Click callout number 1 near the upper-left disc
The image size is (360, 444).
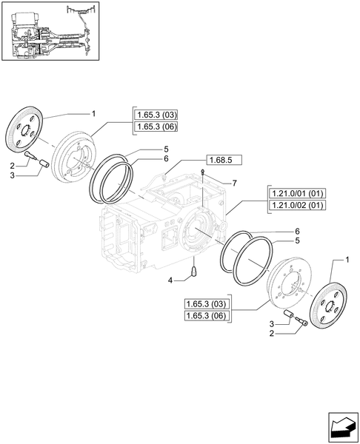point(93,113)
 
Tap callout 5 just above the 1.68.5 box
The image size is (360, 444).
point(166,149)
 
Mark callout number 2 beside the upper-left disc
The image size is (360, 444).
point(13,166)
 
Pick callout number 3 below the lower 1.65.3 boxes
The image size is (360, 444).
point(272,323)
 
